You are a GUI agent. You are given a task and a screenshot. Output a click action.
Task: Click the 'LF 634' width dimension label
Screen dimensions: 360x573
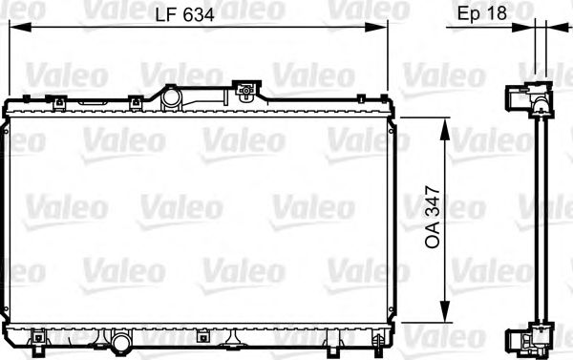184,14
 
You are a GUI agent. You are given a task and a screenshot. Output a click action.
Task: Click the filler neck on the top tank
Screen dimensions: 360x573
171,96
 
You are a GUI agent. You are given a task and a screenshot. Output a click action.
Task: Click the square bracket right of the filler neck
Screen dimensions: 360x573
246,93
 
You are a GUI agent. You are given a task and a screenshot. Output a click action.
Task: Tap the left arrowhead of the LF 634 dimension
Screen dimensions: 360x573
13,29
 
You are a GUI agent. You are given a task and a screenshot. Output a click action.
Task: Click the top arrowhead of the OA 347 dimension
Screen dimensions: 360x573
443,124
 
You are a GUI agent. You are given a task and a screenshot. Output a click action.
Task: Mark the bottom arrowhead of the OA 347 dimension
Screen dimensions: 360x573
443,318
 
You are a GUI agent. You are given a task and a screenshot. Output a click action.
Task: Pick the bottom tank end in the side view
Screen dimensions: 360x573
528,338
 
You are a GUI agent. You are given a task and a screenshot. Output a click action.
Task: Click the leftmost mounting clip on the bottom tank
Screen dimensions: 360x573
38,336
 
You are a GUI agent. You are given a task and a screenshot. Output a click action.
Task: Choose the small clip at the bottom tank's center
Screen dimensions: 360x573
203,336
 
